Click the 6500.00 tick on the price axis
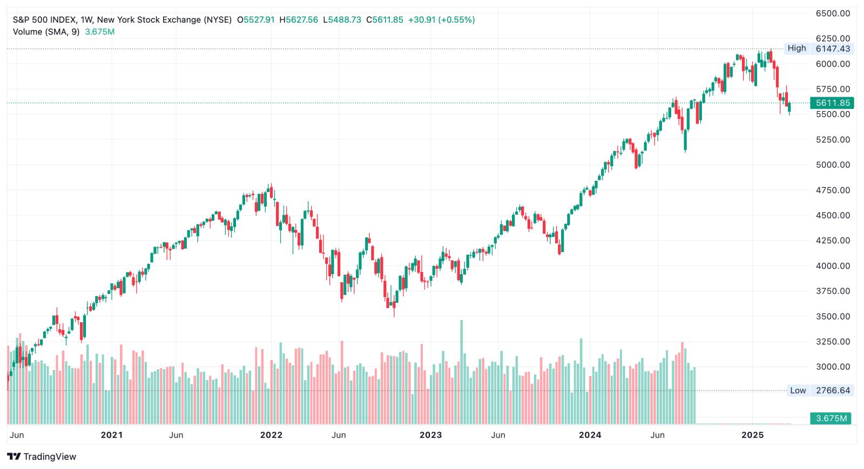coord(833,13)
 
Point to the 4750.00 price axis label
coord(833,190)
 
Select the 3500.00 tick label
coord(833,316)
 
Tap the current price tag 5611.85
coord(833,103)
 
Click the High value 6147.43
coord(833,49)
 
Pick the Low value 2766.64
coord(833,390)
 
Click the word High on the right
coord(796,48)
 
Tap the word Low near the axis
coord(798,390)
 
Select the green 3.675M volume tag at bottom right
coord(831,418)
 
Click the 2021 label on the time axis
coord(111,435)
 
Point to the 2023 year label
coord(430,435)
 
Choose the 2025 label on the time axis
coord(752,435)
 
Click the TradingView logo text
coord(50,457)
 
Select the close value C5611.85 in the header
coord(384,20)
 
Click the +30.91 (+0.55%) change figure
coord(441,20)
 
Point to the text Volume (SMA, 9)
coord(46,32)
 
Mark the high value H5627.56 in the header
coord(299,20)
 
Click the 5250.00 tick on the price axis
coord(833,139)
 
